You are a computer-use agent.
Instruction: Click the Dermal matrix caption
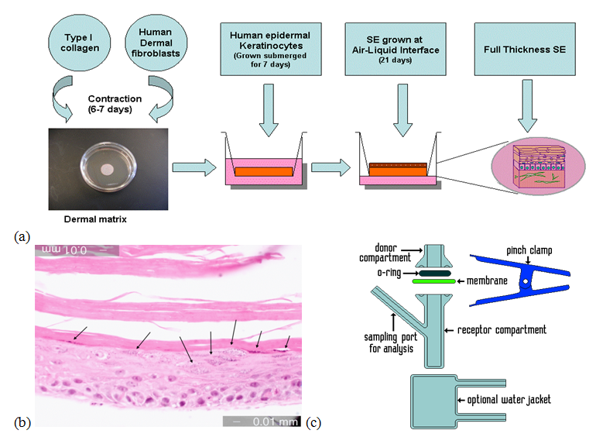click(x=95, y=219)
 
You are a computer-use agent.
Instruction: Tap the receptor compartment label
click(x=499, y=330)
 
